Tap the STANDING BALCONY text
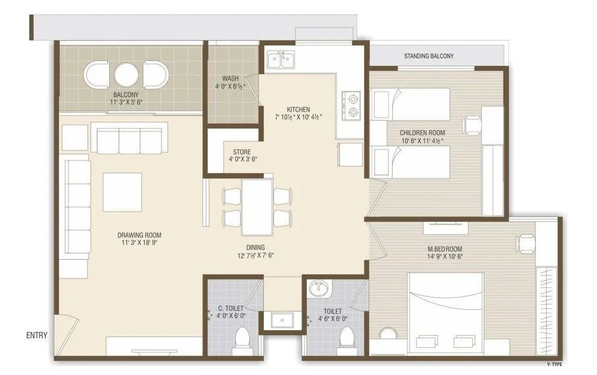(x=429, y=56)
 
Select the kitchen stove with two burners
(x=351, y=104)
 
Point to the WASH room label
(x=230, y=79)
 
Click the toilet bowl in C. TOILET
(x=244, y=338)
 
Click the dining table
(x=257, y=208)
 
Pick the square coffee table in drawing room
(x=122, y=192)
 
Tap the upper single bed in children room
(x=411, y=104)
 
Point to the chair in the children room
(x=472, y=125)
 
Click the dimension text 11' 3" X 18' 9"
(x=139, y=244)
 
